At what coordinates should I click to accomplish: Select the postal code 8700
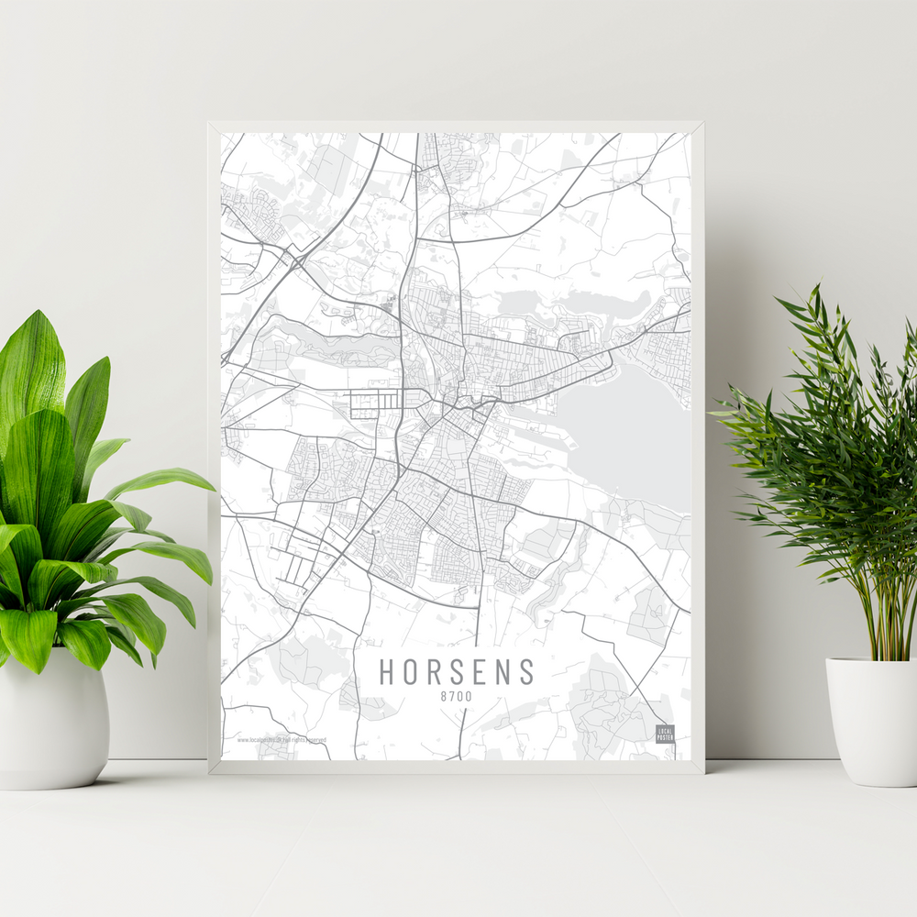point(456,698)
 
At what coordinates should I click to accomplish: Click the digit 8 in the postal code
point(444,698)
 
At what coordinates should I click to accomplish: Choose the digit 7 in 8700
point(452,698)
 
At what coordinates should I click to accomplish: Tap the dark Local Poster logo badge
point(665,734)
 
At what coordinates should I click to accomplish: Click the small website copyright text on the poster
point(281,739)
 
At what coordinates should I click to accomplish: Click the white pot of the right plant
point(871,720)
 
